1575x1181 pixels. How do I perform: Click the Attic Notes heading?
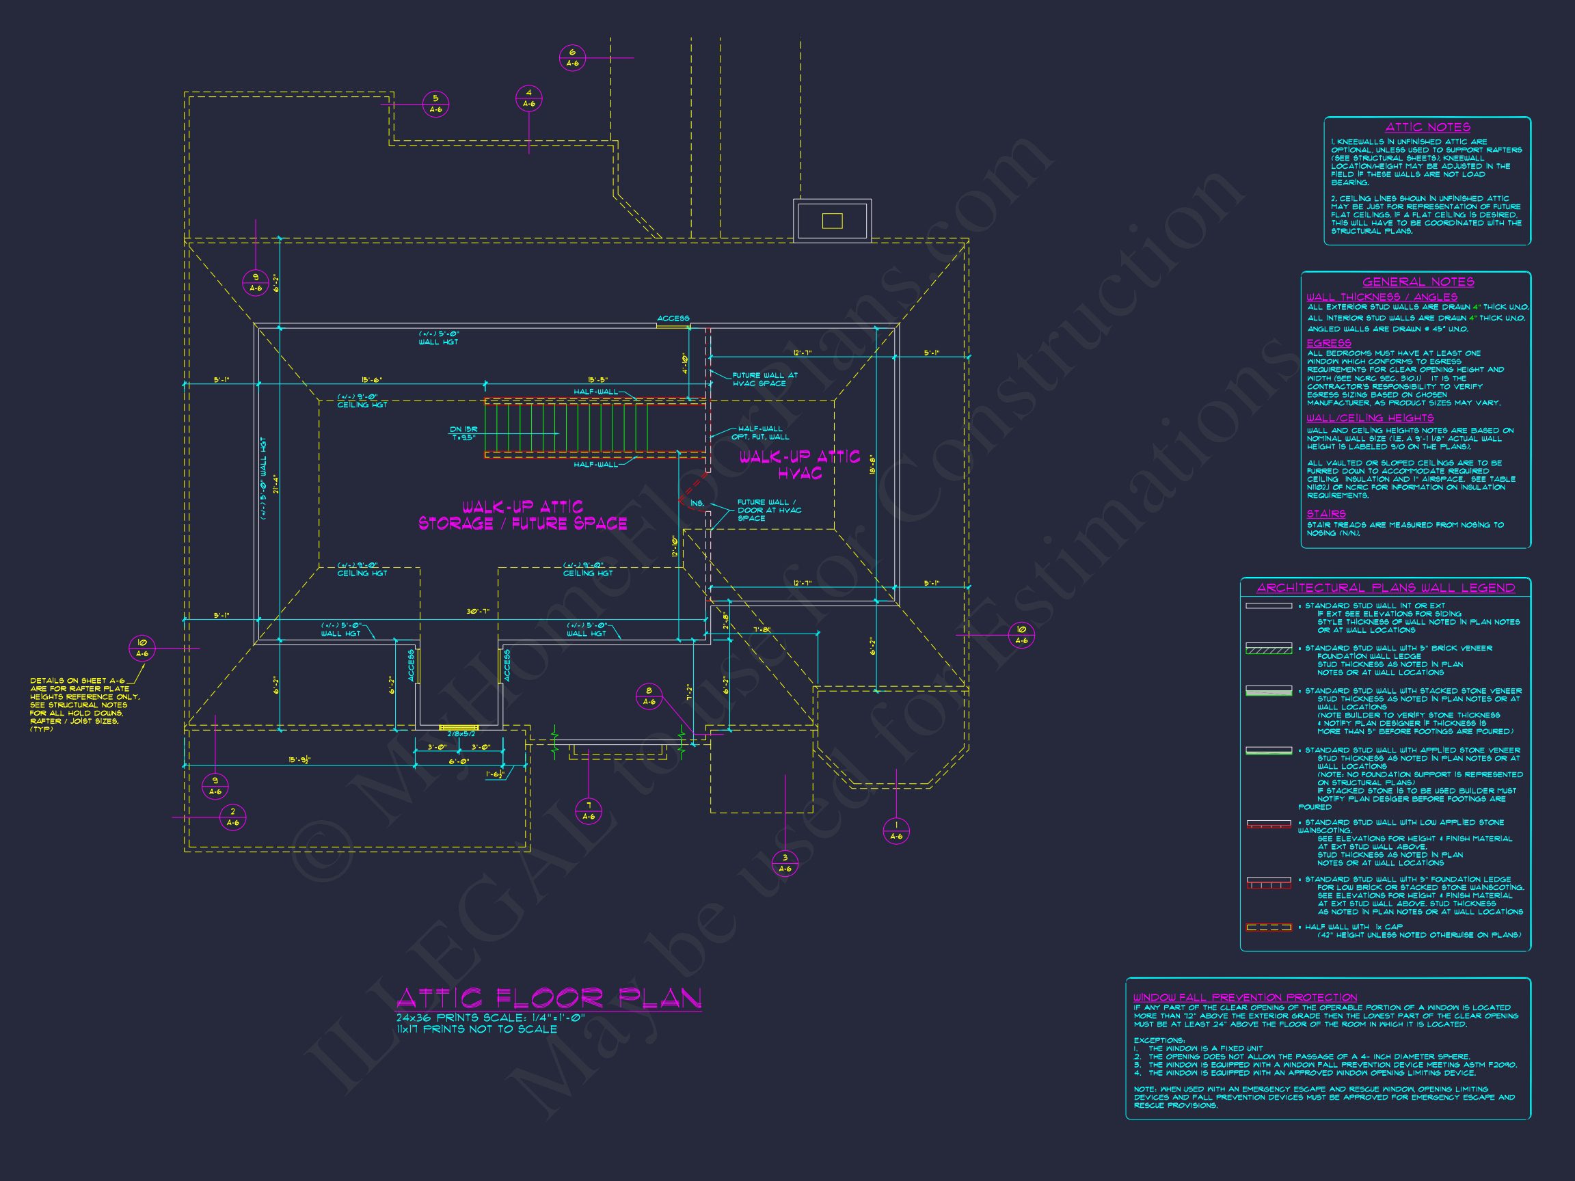[x=1427, y=127]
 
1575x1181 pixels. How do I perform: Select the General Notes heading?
[x=1418, y=282]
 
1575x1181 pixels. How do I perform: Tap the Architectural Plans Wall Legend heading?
[x=1385, y=588]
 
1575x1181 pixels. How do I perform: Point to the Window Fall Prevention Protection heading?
[x=1245, y=997]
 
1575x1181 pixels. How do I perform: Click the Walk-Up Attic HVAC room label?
[x=799, y=465]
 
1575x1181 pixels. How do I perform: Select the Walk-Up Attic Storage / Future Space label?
[x=523, y=515]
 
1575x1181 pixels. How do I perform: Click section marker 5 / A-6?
[x=435, y=105]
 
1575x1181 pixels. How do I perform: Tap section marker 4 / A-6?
[x=528, y=98]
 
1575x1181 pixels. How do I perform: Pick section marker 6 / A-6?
[x=572, y=57]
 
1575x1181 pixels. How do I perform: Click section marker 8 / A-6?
[x=649, y=696]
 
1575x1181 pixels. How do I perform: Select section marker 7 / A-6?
[x=588, y=811]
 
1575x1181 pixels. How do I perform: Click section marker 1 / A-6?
[x=896, y=831]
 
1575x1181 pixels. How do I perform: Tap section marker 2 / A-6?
[x=233, y=817]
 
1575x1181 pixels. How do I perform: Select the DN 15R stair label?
[x=463, y=433]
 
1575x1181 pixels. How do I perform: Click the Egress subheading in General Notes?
[x=1328, y=343]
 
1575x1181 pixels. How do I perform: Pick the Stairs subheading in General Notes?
[x=1325, y=513]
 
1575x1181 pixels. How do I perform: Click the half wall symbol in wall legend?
[x=1268, y=927]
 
